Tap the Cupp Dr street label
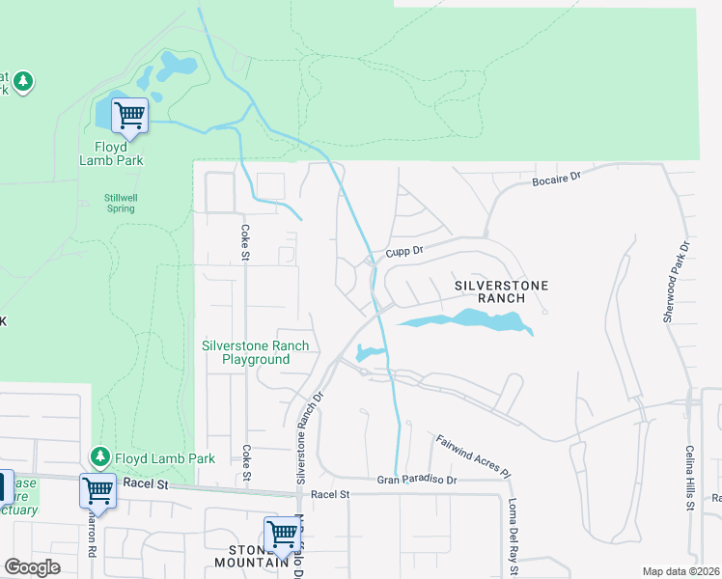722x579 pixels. pos(405,251)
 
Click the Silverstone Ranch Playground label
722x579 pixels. pos(255,352)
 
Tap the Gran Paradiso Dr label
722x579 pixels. pos(415,480)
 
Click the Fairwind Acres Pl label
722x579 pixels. pos(470,456)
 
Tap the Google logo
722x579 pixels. pos(32,567)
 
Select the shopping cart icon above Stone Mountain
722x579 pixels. pos(282,533)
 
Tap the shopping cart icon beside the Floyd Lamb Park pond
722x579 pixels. pos(129,115)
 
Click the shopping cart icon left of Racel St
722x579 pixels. pos(97,490)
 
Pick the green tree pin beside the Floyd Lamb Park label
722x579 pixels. pos(98,455)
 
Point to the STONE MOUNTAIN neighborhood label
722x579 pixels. pos(247,555)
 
